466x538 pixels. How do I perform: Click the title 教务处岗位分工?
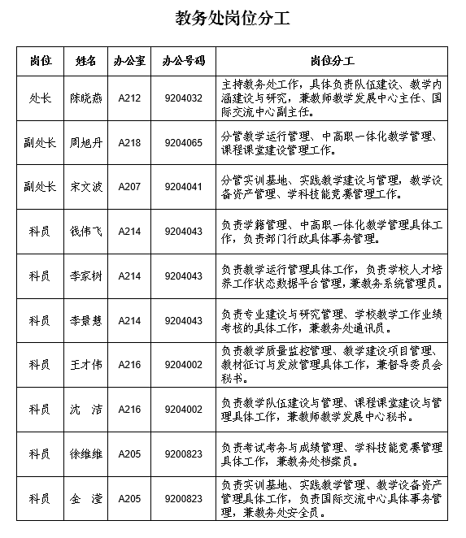(x=233, y=19)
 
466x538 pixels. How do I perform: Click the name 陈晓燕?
(x=85, y=98)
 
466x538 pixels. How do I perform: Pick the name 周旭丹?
(x=85, y=142)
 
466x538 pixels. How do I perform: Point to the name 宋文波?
(x=85, y=186)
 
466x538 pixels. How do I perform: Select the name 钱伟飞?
(x=85, y=232)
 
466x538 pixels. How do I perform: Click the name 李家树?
(x=85, y=276)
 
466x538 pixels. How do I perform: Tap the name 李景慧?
(x=85, y=321)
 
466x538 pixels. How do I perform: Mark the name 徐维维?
(x=85, y=453)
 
